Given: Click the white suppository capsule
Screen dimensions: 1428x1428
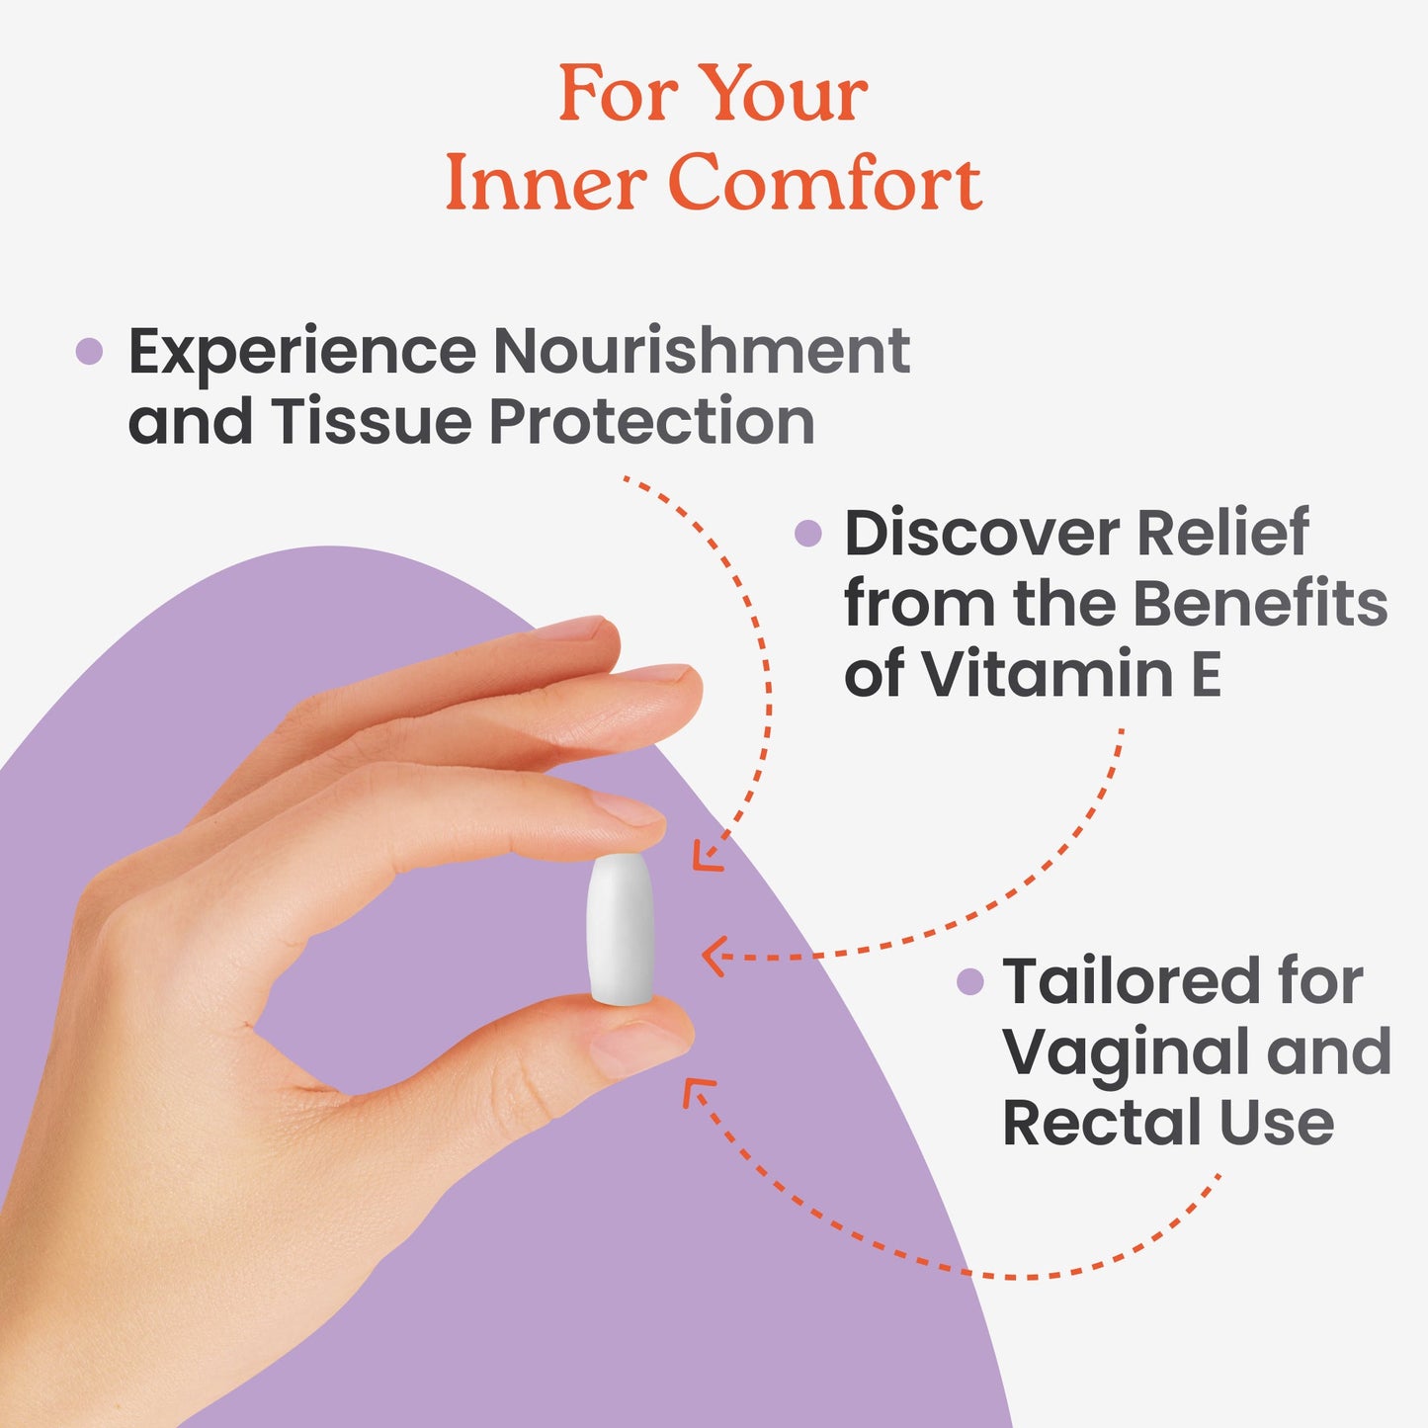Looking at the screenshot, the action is click(x=621, y=929).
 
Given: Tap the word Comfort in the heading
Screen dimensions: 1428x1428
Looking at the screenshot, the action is click(x=825, y=183).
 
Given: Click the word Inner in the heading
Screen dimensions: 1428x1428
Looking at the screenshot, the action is click(x=544, y=183).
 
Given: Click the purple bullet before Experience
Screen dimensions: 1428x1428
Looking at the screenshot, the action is click(x=89, y=351).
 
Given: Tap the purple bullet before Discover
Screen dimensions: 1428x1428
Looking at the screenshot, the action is click(x=807, y=533).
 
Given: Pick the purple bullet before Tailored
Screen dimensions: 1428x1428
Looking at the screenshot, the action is click(x=970, y=982).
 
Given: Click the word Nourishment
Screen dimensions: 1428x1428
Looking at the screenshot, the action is click(x=702, y=351).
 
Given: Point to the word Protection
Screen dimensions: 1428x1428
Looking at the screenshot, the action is click(x=652, y=422).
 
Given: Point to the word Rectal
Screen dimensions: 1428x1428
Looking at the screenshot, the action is click(x=1101, y=1123).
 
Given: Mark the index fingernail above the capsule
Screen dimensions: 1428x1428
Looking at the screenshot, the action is click(x=627, y=809).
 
